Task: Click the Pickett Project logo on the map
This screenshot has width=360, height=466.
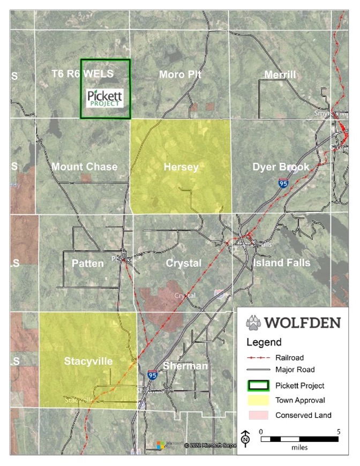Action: pyautogui.click(x=105, y=98)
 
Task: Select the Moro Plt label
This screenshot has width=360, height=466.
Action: pyautogui.click(x=179, y=74)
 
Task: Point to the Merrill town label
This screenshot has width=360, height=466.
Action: pyautogui.click(x=280, y=74)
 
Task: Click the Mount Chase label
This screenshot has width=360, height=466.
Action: pyautogui.click(x=84, y=167)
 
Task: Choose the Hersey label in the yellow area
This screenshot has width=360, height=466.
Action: pyautogui.click(x=181, y=167)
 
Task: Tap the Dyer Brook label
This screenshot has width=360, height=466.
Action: pyautogui.click(x=281, y=167)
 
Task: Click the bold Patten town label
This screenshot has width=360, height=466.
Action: pyautogui.click(x=87, y=264)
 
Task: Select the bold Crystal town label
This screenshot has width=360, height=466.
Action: pyautogui.click(x=183, y=264)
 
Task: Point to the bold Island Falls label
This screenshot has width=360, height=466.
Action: pyautogui.click(x=282, y=264)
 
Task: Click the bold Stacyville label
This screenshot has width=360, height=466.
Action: pyautogui.click(x=88, y=362)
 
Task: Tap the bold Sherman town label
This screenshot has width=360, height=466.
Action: pyautogui.click(x=184, y=366)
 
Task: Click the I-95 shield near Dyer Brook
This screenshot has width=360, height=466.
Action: pyautogui.click(x=282, y=184)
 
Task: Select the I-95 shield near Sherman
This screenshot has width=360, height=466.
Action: pyautogui.click(x=153, y=375)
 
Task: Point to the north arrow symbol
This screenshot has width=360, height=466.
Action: pyautogui.click(x=245, y=438)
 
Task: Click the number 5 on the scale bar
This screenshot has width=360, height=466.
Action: pyautogui.click(x=338, y=431)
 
